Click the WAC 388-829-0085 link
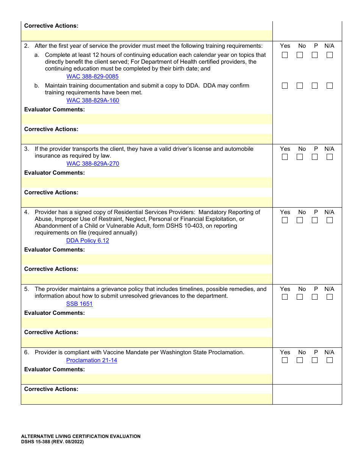click(x=92, y=77)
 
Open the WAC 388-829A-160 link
click(x=93, y=100)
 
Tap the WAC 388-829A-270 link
click(x=93, y=164)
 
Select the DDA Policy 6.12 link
click(x=88, y=241)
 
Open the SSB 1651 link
click(x=79, y=304)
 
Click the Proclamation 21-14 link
click(x=92, y=360)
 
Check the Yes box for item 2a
click(x=285, y=55)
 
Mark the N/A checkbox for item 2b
click(x=330, y=86)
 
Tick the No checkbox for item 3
click(x=300, y=157)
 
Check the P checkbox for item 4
click(x=315, y=220)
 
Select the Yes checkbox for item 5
click(x=285, y=297)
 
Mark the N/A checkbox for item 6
click(x=330, y=360)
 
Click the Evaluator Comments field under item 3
click(x=147, y=182)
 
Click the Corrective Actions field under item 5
click(x=147, y=342)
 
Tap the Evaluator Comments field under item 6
click(x=147, y=379)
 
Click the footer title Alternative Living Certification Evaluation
click(x=81, y=436)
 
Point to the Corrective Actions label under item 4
click(x=51, y=269)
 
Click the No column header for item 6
click(x=302, y=352)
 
